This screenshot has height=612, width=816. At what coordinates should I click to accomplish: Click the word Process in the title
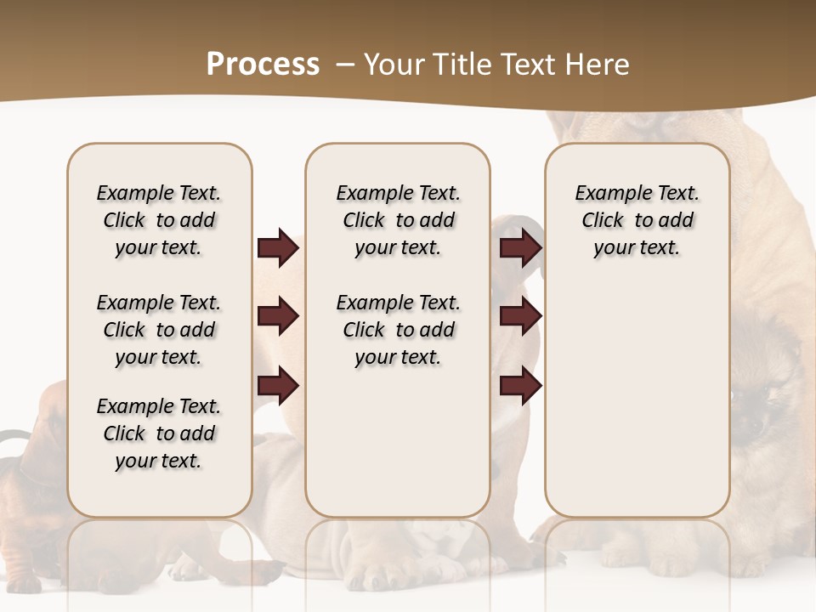click(263, 65)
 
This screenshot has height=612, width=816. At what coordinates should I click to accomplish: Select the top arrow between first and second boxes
click(278, 248)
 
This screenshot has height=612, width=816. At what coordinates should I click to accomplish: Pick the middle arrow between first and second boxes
click(278, 317)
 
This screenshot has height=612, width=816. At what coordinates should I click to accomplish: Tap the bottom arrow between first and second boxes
click(278, 386)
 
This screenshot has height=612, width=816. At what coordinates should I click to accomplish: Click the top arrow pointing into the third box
click(520, 248)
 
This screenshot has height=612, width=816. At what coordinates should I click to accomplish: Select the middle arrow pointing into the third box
click(520, 317)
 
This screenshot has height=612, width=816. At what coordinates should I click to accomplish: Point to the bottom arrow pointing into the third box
click(520, 386)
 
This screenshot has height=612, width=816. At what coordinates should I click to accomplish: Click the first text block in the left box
click(159, 220)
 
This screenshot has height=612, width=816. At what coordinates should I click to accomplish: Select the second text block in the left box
click(159, 330)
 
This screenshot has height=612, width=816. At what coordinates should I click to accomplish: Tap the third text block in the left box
click(159, 433)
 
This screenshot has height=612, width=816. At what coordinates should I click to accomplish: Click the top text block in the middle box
click(398, 220)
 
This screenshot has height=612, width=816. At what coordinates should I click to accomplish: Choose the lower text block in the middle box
click(398, 330)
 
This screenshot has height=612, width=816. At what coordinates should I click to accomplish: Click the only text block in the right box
click(637, 220)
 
